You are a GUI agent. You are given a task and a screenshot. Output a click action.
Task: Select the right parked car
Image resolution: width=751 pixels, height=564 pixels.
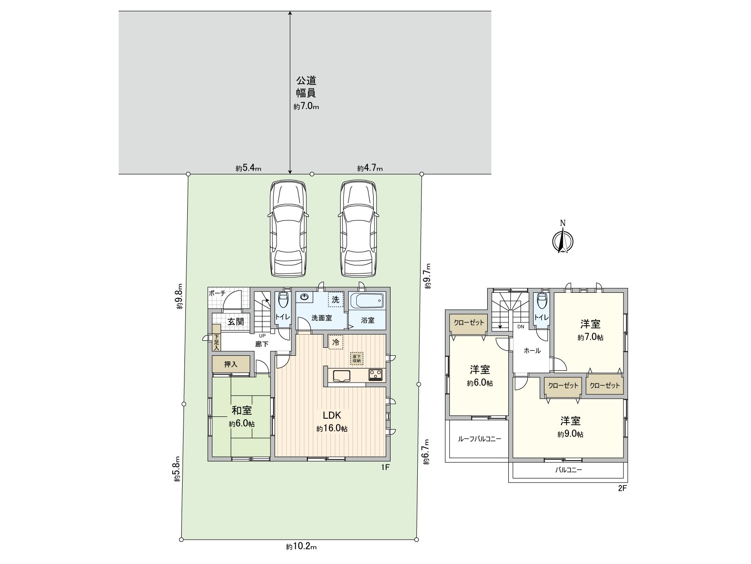[359, 229]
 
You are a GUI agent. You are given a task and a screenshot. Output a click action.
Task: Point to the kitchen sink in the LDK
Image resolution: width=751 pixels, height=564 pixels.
[340, 376]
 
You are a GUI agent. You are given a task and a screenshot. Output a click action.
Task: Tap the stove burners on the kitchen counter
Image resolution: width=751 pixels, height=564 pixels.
[375, 374]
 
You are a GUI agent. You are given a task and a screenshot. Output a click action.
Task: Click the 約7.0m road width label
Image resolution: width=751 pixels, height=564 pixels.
[306, 107]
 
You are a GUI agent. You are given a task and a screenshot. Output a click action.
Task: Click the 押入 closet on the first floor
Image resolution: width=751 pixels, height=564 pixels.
[230, 364]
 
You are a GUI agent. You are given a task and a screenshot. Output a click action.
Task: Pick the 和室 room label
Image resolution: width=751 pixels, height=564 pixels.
[242, 410]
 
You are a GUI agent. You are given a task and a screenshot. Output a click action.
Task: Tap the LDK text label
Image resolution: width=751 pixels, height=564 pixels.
[332, 415]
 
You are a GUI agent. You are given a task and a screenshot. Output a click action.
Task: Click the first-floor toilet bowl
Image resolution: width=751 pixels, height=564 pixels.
[283, 300]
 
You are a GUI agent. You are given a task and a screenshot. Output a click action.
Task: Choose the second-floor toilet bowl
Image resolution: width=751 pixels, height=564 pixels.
[541, 300]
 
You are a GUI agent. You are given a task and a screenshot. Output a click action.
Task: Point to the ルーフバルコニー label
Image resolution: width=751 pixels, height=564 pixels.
[479, 439]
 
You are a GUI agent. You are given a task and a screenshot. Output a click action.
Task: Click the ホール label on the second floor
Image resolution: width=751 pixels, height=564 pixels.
[532, 351]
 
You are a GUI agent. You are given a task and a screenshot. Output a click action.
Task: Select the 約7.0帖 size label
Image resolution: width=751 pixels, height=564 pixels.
[590, 337]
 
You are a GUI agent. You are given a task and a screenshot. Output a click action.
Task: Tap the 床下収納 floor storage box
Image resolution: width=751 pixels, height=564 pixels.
[357, 359]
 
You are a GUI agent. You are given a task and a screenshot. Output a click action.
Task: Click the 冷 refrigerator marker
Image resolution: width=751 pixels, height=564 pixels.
[336, 342]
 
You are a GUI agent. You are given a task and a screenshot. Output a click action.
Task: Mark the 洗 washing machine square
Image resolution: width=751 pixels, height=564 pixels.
[335, 300]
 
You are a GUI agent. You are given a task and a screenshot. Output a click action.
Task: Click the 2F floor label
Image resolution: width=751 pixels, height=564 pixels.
[622, 488]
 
